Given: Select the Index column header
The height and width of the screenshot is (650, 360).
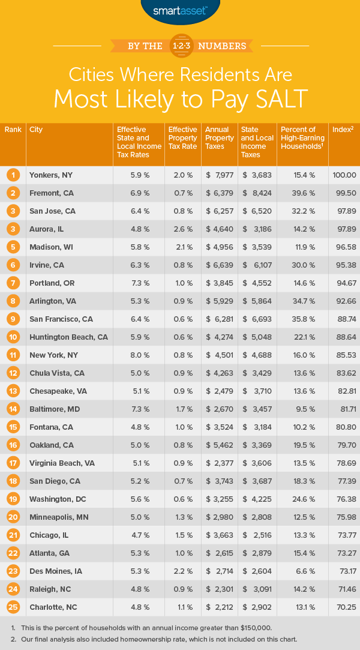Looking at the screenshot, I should point(342,130).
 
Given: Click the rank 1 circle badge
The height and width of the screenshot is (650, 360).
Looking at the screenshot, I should point(13,175).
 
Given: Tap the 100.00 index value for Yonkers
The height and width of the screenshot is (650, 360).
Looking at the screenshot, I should point(344,175).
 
